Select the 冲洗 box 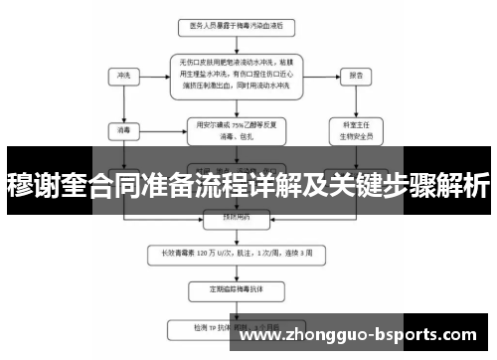[123, 75]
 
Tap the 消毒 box [123, 128]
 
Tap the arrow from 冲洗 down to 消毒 [123, 103]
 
